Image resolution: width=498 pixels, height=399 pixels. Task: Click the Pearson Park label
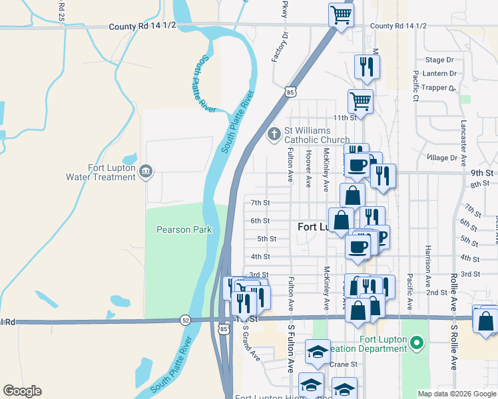pyautogui.click(x=184, y=230)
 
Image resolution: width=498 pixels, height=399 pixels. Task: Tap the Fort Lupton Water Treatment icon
pyautogui.click(x=146, y=173)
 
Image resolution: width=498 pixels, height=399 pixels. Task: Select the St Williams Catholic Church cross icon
pyautogui.click(x=273, y=134)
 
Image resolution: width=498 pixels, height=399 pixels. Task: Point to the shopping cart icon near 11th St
pyautogui.click(x=360, y=101)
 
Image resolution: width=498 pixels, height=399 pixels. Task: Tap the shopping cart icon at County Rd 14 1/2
pyautogui.click(x=341, y=14)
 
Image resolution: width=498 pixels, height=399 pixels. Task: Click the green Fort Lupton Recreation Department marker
pyautogui.click(x=417, y=344)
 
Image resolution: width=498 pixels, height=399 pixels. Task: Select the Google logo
pyautogui.click(x=22, y=391)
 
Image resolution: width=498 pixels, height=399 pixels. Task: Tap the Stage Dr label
pyautogui.click(x=439, y=60)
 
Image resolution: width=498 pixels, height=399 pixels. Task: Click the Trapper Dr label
pyautogui.click(x=439, y=87)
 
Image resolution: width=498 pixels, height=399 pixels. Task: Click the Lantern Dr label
pyautogui.click(x=439, y=73)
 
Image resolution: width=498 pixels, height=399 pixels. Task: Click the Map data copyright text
pyautogui.click(x=456, y=394)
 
